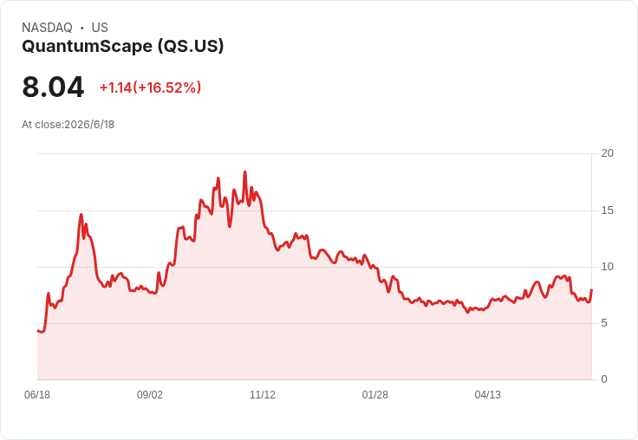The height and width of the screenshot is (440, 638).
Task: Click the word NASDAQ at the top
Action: tap(47, 28)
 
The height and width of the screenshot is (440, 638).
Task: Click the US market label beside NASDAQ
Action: tap(100, 28)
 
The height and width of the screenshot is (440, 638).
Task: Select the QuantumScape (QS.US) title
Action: tap(123, 47)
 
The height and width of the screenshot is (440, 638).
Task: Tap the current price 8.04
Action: tap(53, 87)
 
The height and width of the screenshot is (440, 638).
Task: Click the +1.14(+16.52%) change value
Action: tap(151, 87)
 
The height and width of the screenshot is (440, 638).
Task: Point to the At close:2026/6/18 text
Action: tap(68, 125)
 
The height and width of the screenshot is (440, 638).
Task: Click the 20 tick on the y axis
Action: tap(608, 153)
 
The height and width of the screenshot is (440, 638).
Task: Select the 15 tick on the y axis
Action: tap(608, 210)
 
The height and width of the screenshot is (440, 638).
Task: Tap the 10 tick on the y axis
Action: tap(608, 267)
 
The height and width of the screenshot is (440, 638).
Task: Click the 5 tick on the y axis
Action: tap(604, 323)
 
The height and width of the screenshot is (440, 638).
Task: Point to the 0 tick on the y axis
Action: tap(604, 379)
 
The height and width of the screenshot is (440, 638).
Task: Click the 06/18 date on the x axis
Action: tap(37, 395)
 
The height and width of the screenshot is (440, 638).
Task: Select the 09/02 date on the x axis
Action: tap(150, 395)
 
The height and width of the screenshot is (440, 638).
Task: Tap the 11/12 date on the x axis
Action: tap(263, 395)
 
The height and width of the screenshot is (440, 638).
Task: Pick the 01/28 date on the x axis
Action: tap(375, 395)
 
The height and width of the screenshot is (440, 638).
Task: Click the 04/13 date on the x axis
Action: tap(488, 395)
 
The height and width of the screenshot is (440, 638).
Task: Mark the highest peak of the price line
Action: tap(245, 171)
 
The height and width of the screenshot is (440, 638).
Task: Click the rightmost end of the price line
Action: tap(591, 289)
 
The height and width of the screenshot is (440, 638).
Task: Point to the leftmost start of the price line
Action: tap(37, 331)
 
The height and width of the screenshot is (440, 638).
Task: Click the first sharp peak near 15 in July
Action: tap(81, 214)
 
